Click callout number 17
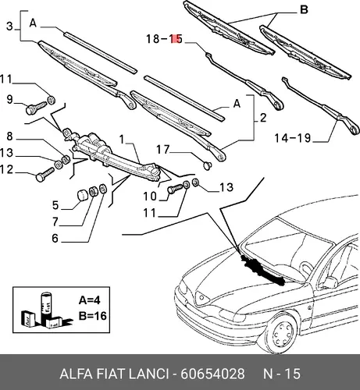pos(163,150)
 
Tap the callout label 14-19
pos(293,138)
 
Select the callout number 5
pos(55,205)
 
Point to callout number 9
pos(9,100)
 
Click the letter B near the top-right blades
pos(304,10)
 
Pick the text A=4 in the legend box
pos(89,300)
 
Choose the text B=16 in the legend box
pos(93,316)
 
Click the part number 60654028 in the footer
pos(212,374)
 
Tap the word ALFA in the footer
pos(76,374)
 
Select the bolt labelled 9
pos(36,108)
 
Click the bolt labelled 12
pos(45,175)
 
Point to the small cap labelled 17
pos(207,165)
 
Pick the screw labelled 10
pos(176,188)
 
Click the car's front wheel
pos(281,334)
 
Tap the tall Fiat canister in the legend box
pos(47,307)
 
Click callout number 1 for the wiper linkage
pos(122,140)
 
